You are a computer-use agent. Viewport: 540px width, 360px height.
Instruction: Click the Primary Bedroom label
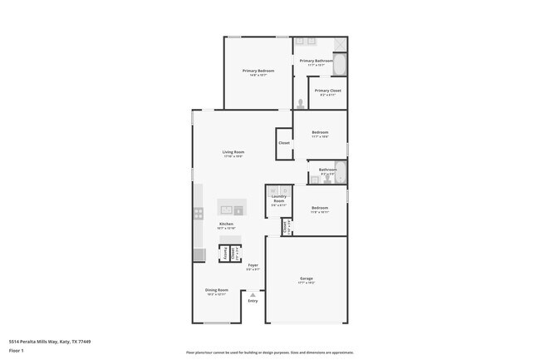pos(258,72)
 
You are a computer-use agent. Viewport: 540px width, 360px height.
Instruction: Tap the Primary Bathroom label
pos(317,61)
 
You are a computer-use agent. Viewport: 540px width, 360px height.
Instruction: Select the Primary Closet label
pos(327,91)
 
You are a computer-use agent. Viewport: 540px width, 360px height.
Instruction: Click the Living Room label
pos(233,152)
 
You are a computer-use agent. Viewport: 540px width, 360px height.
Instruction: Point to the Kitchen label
pos(226,224)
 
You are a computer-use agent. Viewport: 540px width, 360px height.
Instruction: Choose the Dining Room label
pos(216,290)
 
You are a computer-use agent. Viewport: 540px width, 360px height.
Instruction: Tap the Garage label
pos(307,279)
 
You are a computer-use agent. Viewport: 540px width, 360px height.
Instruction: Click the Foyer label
pos(253,265)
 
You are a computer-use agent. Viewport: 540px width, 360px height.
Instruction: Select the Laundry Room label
pos(278,199)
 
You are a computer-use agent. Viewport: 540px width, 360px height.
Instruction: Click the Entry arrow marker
pos(253,294)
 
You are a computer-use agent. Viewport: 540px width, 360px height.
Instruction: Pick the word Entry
pos(253,301)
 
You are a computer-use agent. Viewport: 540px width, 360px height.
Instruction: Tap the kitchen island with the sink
pos(232,207)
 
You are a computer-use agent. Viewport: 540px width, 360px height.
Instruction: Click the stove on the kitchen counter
pos(199,214)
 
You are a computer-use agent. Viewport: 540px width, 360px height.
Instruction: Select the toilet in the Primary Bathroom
pos(300,104)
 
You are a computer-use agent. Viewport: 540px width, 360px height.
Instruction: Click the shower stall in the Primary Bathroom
pos(340,44)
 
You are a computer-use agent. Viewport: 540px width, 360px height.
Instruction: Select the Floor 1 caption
pos(17,350)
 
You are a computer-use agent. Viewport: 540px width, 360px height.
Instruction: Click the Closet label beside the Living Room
pos(284,143)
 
